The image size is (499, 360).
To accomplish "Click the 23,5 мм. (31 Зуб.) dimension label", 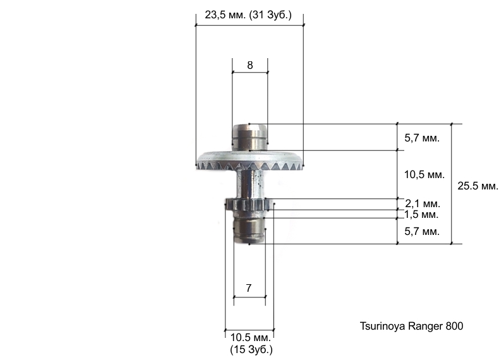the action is click(x=248, y=15).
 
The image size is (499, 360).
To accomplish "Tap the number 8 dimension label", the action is click(x=250, y=65).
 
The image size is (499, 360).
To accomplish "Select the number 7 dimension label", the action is click(x=249, y=288).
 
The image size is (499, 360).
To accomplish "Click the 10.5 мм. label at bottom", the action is click(x=251, y=337).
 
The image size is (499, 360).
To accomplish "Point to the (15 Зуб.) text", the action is click(x=251, y=349).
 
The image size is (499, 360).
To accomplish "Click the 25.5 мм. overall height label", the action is click(x=478, y=186).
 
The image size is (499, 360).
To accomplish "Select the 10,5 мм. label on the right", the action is click(x=424, y=174).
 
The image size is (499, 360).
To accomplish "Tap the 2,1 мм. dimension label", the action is click(x=423, y=203).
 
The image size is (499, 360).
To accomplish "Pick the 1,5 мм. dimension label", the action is click(x=421, y=215).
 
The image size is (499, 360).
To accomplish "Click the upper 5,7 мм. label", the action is click(x=422, y=138).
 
